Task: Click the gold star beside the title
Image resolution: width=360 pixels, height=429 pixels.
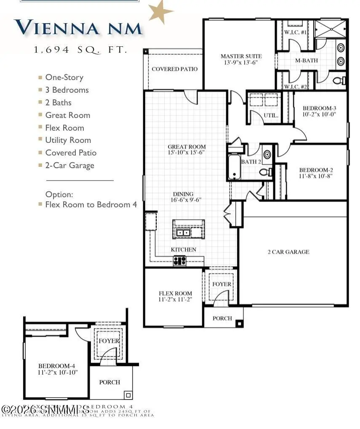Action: pyautogui.click(x=160, y=11)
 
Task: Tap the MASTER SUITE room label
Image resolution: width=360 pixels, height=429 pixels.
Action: pyautogui.click(x=241, y=56)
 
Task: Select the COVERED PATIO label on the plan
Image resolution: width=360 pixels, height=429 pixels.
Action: pyautogui.click(x=174, y=69)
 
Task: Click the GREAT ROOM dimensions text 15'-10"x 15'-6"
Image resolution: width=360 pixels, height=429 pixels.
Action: pyautogui.click(x=187, y=153)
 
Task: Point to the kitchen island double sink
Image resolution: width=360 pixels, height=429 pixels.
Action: pyautogui.click(x=183, y=232)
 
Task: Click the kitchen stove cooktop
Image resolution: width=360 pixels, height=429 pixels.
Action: pyautogui.click(x=180, y=260)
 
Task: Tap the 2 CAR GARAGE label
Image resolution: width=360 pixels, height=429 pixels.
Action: pyautogui.click(x=288, y=252)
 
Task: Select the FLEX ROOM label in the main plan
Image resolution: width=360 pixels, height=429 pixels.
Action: pyautogui.click(x=175, y=293)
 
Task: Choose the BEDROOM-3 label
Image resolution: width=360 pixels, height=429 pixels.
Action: pyautogui.click(x=319, y=108)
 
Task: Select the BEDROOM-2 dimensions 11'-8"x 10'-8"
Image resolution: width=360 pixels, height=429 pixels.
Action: pyautogui.click(x=317, y=177)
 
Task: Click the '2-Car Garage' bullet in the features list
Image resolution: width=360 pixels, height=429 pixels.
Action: pyautogui.click(x=69, y=165)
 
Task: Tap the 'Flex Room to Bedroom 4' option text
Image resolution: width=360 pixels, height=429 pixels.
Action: pyautogui.click(x=91, y=204)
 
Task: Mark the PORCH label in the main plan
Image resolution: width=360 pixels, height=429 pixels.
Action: pyautogui.click(x=222, y=318)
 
